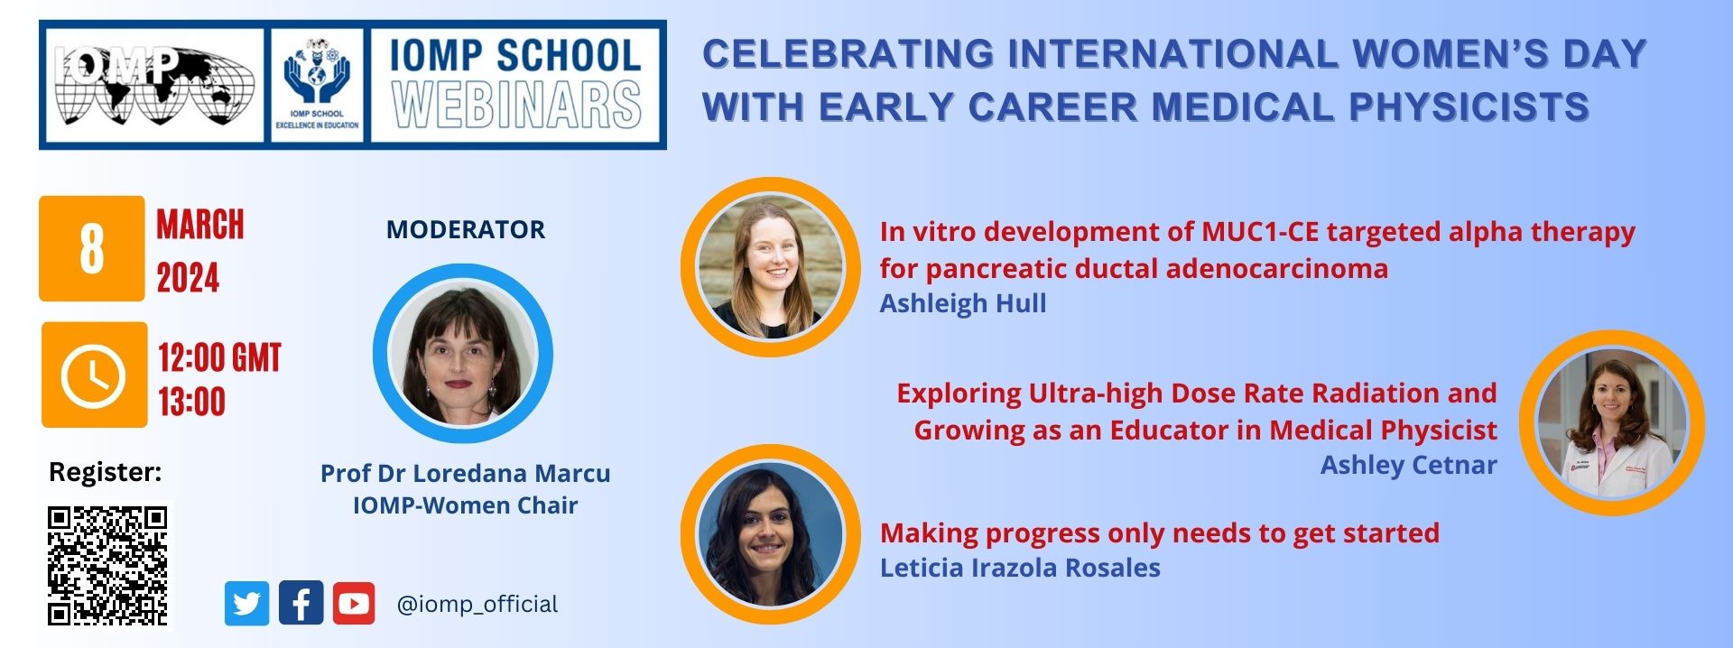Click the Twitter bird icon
(x=246, y=604)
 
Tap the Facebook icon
(x=301, y=603)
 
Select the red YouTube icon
(x=354, y=604)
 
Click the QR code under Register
(x=108, y=566)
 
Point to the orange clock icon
(x=94, y=375)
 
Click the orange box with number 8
(x=91, y=248)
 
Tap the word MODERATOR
(x=466, y=229)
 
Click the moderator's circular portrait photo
(x=463, y=354)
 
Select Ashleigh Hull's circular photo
(x=770, y=267)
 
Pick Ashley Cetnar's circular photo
(x=1612, y=422)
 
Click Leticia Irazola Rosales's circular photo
(x=770, y=534)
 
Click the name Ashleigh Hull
(x=963, y=303)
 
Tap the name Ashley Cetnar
(x=1409, y=465)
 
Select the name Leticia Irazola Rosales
(x=1020, y=568)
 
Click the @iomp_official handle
(x=477, y=604)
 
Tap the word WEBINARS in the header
(x=517, y=106)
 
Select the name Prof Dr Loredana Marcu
(x=466, y=474)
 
